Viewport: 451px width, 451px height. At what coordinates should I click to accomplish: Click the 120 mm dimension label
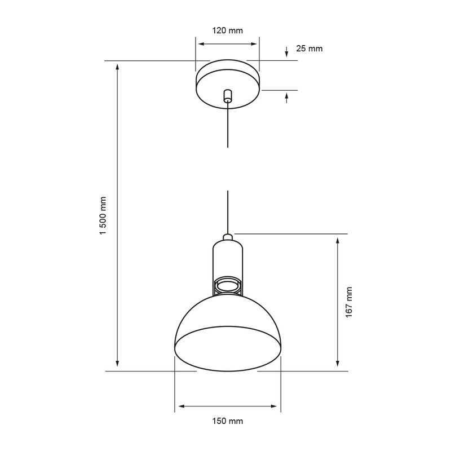click(x=228, y=30)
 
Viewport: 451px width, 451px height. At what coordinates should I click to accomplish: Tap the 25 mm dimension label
click(x=309, y=48)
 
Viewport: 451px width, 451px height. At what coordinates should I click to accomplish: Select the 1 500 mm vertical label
click(x=103, y=215)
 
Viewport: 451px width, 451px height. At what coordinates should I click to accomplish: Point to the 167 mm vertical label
click(x=349, y=302)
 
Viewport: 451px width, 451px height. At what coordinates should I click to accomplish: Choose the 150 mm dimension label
click(x=228, y=421)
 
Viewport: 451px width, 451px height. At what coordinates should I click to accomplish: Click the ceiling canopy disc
click(x=228, y=84)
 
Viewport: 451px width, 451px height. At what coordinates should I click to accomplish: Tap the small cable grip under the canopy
click(x=228, y=96)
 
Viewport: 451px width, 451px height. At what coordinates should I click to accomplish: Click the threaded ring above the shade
click(x=228, y=286)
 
